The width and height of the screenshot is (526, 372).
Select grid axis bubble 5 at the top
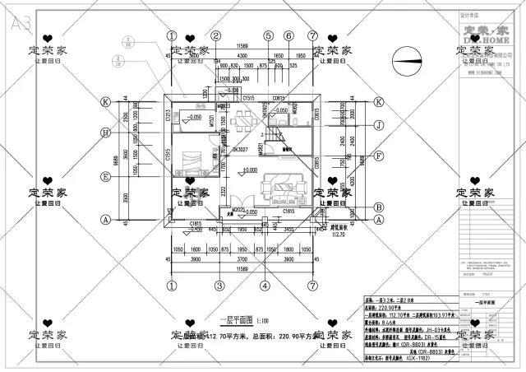[268, 36]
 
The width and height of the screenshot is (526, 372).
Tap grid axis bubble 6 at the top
[289, 36]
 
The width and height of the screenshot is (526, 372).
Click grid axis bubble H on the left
[105, 133]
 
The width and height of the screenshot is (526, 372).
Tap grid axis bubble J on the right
[379, 125]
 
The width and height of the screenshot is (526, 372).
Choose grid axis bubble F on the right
[379, 154]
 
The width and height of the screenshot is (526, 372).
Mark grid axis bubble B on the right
[379, 193]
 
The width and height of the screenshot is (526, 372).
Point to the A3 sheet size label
[19, 23]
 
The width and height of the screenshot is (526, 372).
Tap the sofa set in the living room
[278, 189]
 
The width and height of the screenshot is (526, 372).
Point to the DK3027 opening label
[215, 150]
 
